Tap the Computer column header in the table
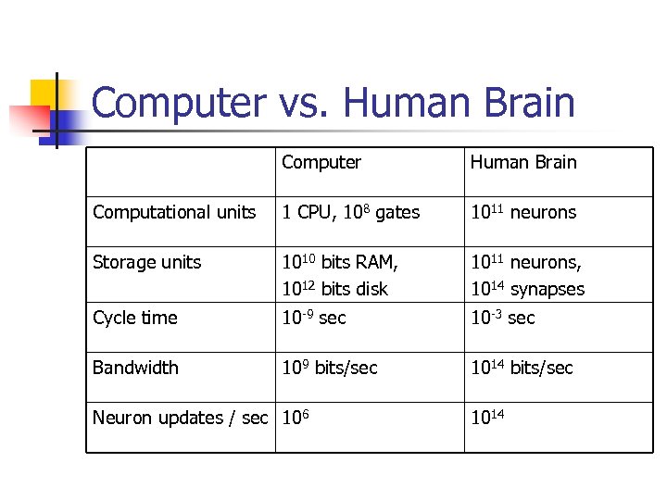(321, 163)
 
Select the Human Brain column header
(523, 163)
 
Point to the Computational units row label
(174, 213)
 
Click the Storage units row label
(146, 263)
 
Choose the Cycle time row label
(134, 319)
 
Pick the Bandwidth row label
(135, 369)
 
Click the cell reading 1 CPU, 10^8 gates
(351, 213)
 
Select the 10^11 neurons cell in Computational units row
(523, 213)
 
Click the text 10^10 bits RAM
(340, 263)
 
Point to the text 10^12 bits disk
(335, 289)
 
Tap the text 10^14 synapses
(528, 289)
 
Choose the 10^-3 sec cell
(503, 319)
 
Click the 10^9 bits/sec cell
(330, 369)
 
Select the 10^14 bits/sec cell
(522, 369)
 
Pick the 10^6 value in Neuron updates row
(296, 419)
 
